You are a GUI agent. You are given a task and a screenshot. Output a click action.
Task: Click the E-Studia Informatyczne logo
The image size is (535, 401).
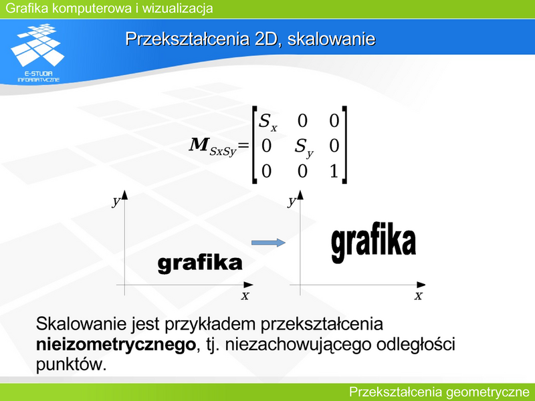click(x=38, y=53)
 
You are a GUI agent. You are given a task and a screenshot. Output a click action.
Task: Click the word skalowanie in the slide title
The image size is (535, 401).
click(x=331, y=39)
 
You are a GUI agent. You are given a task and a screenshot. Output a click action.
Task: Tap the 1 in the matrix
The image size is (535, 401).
click(x=334, y=170)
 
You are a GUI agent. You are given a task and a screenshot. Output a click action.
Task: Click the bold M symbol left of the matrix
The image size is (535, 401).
click(x=199, y=144)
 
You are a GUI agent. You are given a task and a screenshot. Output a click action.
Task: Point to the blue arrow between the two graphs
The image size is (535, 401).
click(x=268, y=243)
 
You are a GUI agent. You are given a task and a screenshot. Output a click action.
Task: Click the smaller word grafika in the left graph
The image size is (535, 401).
click(x=200, y=263)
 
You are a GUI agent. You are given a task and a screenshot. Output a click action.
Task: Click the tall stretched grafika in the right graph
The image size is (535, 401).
click(x=374, y=243)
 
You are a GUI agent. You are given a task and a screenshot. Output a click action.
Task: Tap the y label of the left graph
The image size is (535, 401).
click(x=116, y=201)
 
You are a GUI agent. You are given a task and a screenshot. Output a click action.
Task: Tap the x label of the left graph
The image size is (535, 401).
click(x=245, y=295)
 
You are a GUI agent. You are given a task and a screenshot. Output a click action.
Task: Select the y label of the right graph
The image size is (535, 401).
click(x=292, y=201)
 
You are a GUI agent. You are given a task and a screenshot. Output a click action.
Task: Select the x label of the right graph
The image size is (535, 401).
click(x=419, y=295)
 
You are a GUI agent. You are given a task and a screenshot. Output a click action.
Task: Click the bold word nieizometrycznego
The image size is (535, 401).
click(x=116, y=345)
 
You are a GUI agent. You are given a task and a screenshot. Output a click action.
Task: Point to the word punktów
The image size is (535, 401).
click(x=71, y=364)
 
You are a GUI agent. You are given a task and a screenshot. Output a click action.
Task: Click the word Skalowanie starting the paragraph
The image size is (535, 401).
click(x=81, y=323)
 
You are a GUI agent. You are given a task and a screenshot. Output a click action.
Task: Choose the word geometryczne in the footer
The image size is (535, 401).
click(x=488, y=392)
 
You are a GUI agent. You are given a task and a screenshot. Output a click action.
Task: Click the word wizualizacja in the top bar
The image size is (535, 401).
click(x=177, y=8)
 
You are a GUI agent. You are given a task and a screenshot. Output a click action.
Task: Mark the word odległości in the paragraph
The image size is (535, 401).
click(x=415, y=344)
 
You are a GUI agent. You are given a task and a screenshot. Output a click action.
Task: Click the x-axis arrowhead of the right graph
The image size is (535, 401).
click(x=421, y=285)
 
